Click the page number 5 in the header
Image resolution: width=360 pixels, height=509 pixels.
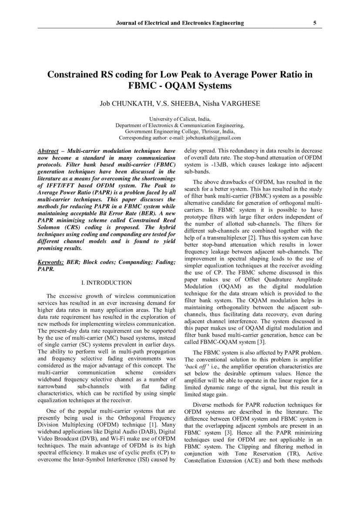tap(315, 23)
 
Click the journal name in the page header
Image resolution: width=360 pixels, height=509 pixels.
tap(180, 23)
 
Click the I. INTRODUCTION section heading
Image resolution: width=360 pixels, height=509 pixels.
tap(107, 283)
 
